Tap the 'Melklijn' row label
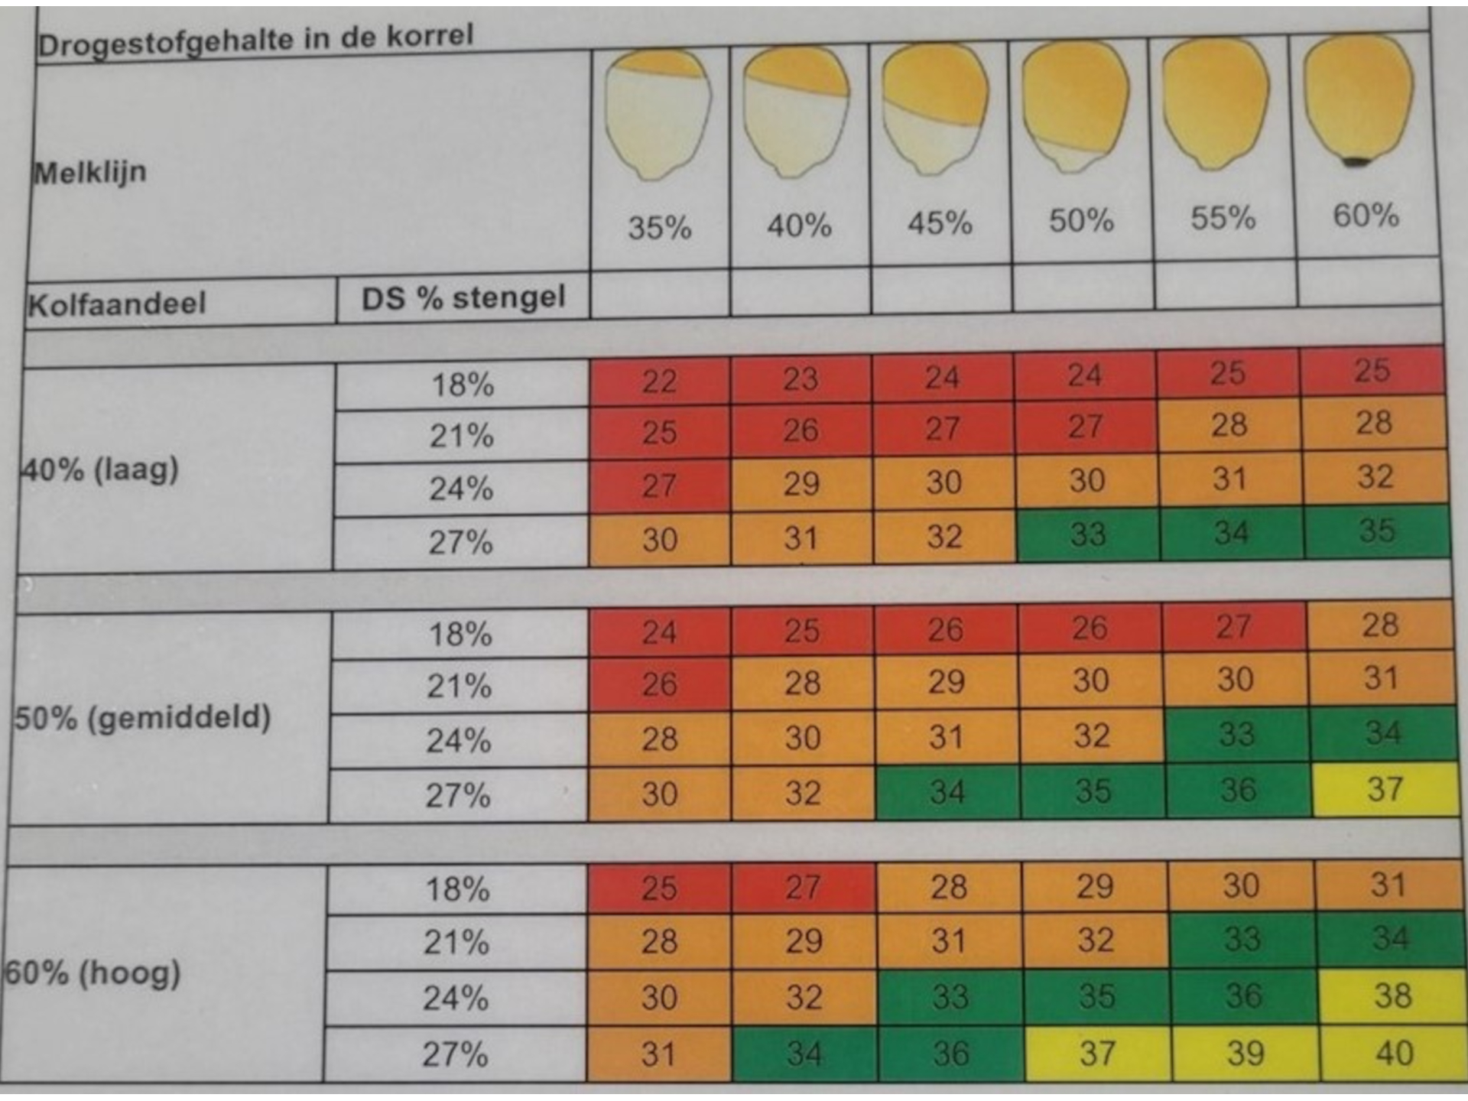click(89, 172)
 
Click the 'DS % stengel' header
click(463, 297)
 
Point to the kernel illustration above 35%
click(658, 115)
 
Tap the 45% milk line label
click(940, 223)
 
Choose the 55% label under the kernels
click(1223, 219)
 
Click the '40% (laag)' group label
click(99, 469)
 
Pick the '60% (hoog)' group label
click(93, 973)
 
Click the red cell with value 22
click(659, 381)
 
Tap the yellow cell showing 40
click(1393, 1054)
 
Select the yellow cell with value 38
click(1392, 996)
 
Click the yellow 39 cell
click(1245, 1054)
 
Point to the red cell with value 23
click(800, 378)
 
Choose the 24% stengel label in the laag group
click(461, 489)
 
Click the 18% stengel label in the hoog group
click(457, 889)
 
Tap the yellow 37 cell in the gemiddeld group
click(1385, 789)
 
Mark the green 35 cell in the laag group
click(1376, 531)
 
